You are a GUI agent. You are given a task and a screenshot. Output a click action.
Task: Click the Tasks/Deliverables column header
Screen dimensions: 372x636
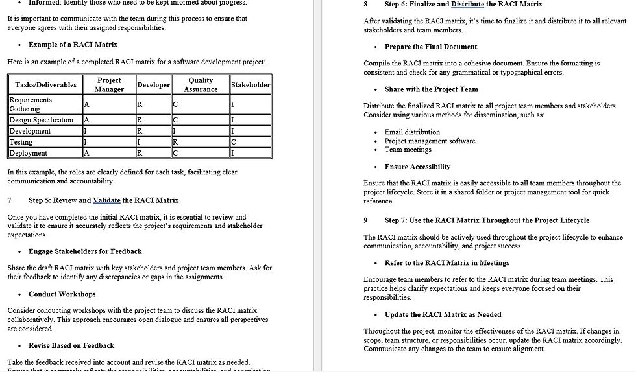tap(45, 85)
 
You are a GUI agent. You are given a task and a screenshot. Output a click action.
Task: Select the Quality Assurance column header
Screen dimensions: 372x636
tap(201, 85)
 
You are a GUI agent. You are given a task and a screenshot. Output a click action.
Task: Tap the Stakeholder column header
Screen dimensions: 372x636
tap(251, 85)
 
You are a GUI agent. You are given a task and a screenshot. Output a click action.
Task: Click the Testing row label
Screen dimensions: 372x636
tap(21, 142)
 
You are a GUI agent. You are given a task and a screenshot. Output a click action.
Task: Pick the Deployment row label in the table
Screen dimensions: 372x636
tap(29, 153)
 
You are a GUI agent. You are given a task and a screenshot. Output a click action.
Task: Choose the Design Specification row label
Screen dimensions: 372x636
tap(42, 120)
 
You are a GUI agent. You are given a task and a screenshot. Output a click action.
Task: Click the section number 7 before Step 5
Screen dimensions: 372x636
tap(10, 200)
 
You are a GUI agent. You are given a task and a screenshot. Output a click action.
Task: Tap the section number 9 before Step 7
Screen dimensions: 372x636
tap(366, 220)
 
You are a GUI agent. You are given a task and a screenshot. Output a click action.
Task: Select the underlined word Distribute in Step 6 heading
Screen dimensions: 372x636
tap(468, 4)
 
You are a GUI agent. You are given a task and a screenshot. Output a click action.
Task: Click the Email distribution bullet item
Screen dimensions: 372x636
tap(412, 132)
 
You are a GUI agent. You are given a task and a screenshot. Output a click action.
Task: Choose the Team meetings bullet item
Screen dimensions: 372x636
tap(408, 150)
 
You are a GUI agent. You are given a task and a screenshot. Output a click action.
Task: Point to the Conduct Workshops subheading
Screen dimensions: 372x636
tap(62, 294)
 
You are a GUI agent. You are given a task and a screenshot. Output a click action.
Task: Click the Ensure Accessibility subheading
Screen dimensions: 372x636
tap(426, 167)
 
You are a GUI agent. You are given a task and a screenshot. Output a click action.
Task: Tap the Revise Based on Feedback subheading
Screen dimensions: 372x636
tap(71, 345)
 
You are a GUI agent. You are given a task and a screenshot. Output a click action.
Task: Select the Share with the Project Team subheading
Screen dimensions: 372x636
tap(431, 89)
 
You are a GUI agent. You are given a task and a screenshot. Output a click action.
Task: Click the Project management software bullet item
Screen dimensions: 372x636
tap(430, 141)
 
